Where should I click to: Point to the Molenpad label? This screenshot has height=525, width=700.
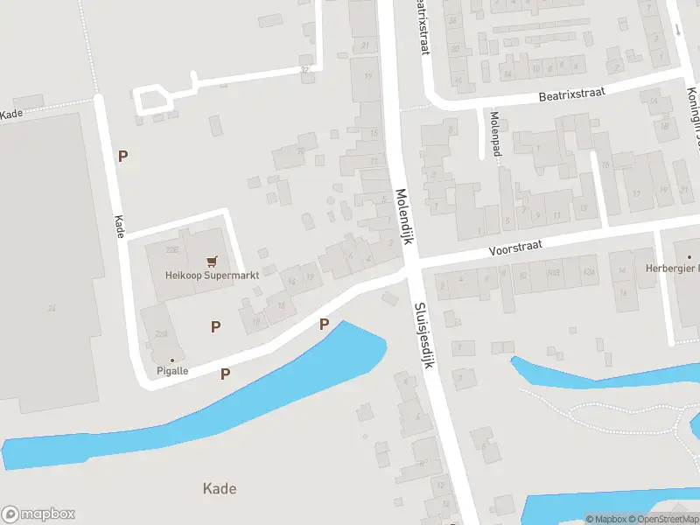(x=495, y=128)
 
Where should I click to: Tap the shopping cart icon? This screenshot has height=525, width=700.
(x=211, y=261)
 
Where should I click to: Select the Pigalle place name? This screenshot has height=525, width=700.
(x=172, y=371)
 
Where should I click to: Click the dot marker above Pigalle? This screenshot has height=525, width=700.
(x=172, y=360)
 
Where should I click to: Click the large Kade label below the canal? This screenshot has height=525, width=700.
(x=219, y=488)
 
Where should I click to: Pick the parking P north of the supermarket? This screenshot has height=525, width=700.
(x=123, y=156)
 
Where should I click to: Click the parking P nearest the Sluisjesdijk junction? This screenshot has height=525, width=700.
(x=324, y=325)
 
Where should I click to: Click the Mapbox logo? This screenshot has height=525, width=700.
(x=38, y=514)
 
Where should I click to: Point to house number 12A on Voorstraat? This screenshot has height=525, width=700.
(x=588, y=273)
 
